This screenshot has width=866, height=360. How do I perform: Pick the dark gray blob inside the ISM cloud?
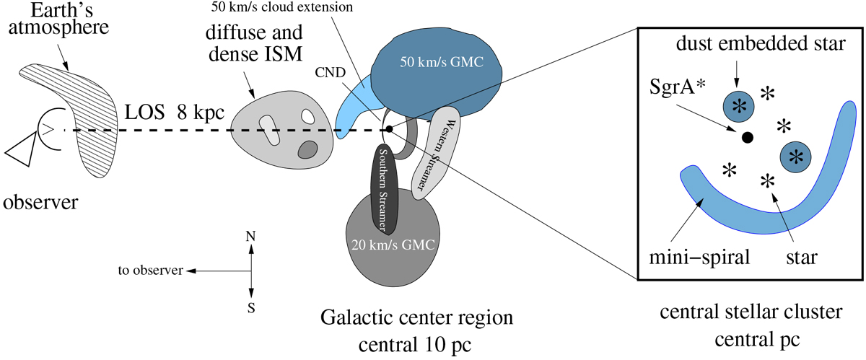pyautogui.click(x=307, y=149)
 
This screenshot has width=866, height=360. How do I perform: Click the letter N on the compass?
pyautogui.click(x=250, y=236)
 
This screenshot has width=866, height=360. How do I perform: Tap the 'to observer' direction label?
pyautogui.click(x=147, y=271)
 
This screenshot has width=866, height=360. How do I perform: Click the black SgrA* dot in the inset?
pyautogui.click(x=747, y=136)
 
